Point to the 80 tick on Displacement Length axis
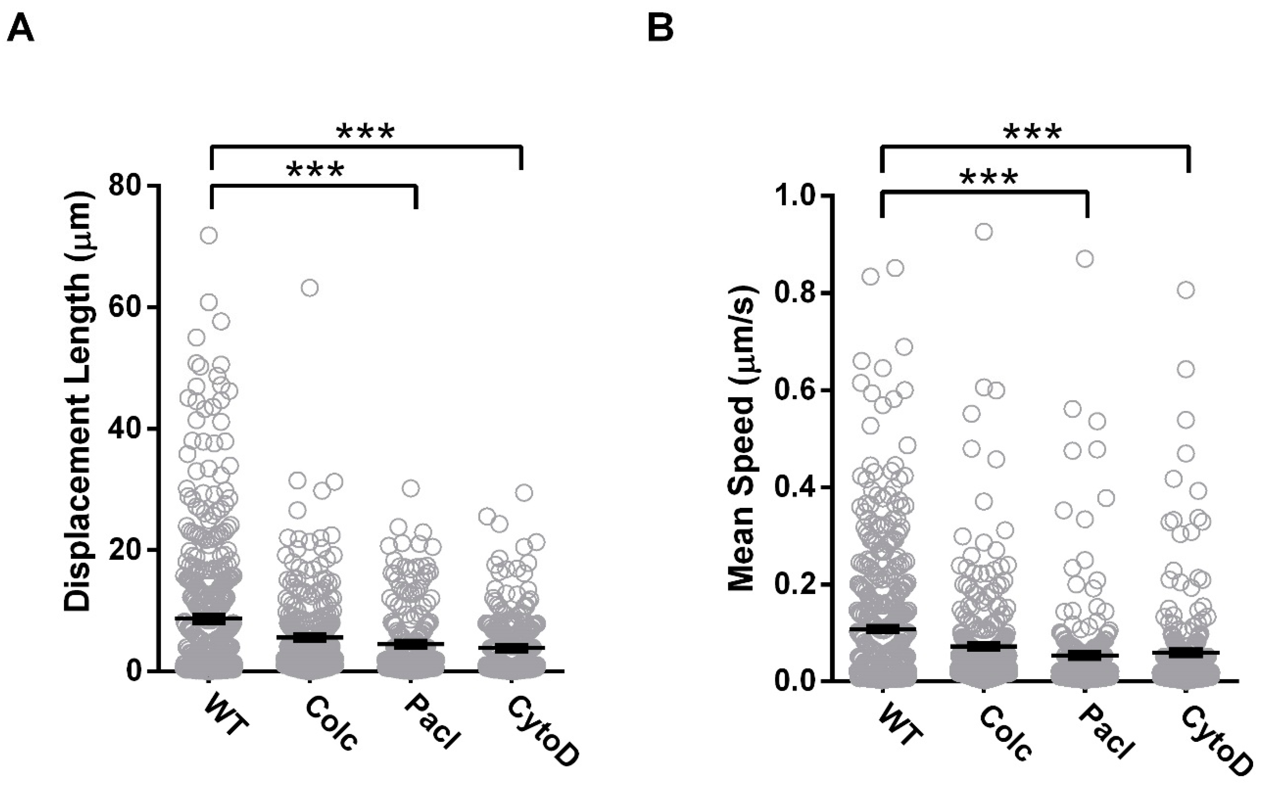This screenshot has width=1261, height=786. [x=126, y=185]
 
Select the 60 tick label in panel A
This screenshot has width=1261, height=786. [x=126, y=307]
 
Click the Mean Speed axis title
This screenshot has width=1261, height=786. [x=742, y=438]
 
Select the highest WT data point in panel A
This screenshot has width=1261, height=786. [x=209, y=235]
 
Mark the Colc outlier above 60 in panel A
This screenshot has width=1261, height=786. [x=310, y=287]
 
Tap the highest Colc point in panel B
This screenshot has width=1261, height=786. [x=984, y=232]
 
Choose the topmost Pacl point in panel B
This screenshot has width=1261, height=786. [x=1085, y=259]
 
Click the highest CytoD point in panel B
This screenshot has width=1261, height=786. [x=1186, y=290]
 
